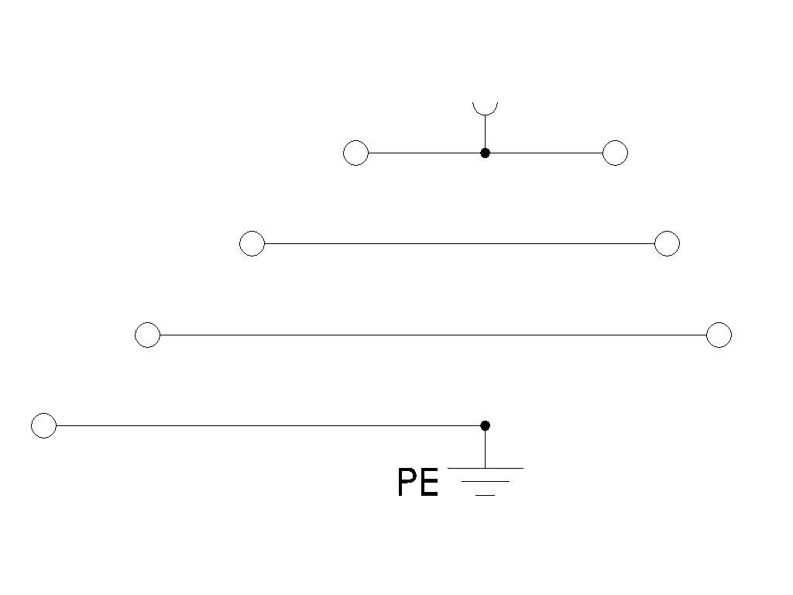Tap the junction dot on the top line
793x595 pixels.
point(485,153)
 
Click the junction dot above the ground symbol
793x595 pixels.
point(485,425)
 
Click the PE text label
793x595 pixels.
point(417,483)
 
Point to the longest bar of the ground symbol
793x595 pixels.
point(486,469)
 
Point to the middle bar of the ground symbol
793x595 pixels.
point(486,482)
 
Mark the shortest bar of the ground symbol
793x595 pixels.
point(486,495)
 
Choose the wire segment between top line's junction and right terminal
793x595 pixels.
point(546,153)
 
